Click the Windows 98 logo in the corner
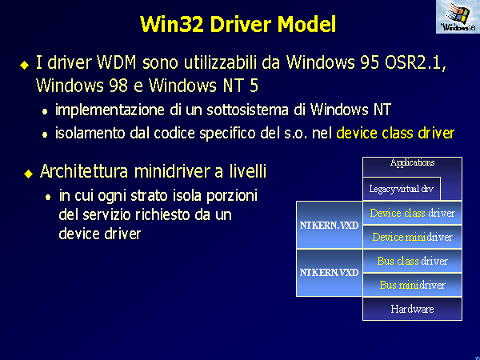tap(458, 17)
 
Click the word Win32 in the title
tap(172, 24)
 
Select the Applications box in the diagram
tap(412, 167)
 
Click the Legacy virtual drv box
tap(402, 189)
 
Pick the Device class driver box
tap(412, 213)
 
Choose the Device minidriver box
tap(412, 237)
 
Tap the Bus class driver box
tap(412, 261)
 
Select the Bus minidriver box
tap(412, 285)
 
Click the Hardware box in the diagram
tap(412, 309)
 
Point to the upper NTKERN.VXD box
tap(330, 225)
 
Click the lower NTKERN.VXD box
tap(330, 273)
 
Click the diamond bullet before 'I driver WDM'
tap(25, 65)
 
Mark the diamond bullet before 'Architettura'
tap(29, 174)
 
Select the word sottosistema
tap(247, 110)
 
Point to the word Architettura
tap(84, 171)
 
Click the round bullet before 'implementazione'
tap(45, 112)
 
